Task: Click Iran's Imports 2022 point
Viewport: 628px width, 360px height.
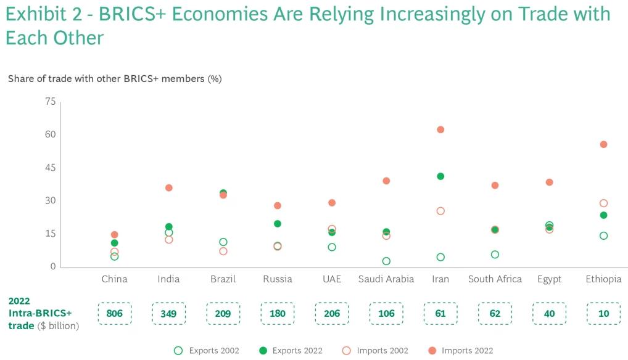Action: click(440, 129)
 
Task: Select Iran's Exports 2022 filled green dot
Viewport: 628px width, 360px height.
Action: click(440, 176)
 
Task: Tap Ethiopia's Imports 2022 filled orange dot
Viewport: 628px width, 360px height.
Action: click(603, 144)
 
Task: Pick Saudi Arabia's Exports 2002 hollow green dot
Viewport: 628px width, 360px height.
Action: click(386, 261)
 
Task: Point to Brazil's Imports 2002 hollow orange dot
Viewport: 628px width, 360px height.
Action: click(223, 251)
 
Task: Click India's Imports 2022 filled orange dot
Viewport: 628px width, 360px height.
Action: click(169, 187)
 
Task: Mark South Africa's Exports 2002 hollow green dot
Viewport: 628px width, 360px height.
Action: click(495, 255)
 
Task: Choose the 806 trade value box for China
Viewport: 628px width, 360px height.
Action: click(115, 313)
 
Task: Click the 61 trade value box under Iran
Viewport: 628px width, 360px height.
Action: click(440, 313)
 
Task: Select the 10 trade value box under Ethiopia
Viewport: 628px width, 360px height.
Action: click(603, 313)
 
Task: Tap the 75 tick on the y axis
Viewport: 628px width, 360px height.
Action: click(50, 102)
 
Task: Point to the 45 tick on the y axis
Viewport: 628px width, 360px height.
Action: click(50, 168)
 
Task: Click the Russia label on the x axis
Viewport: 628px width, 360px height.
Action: click(278, 279)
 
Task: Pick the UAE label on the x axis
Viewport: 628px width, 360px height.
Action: click(332, 279)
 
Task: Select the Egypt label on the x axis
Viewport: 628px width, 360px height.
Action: click(549, 279)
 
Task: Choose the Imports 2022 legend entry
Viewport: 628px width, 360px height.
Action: click(460, 351)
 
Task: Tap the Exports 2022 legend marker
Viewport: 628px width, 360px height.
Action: click(263, 351)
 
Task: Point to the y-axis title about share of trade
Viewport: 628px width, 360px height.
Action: click(115, 79)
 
